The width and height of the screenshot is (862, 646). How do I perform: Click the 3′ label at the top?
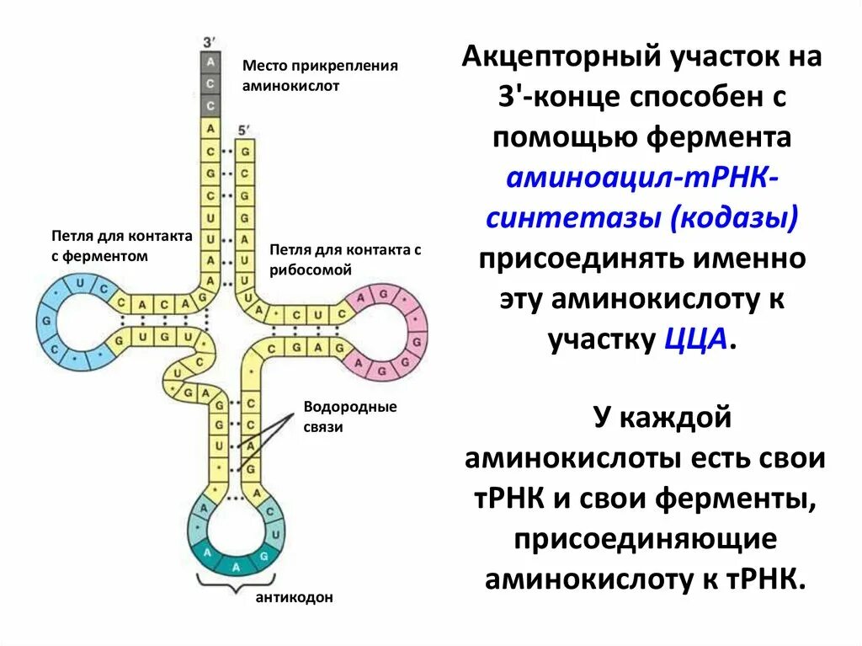click(x=210, y=42)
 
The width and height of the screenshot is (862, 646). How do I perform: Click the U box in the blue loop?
click(x=80, y=284)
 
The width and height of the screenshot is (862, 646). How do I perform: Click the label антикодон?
click(x=295, y=597)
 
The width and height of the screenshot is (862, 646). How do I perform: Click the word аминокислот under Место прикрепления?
click(x=290, y=86)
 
